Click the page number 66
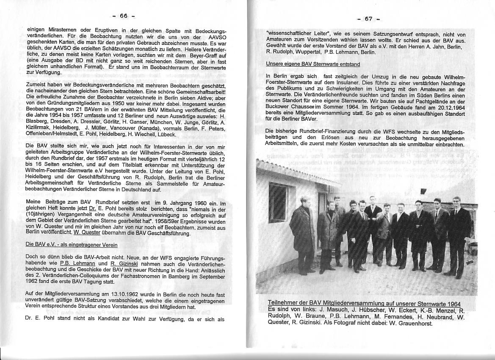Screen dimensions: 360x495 click(x=123, y=16)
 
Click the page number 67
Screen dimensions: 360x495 click(x=368, y=19)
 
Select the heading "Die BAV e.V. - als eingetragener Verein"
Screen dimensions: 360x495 click(x=72, y=245)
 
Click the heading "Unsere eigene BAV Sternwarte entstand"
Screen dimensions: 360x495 click(x=313, y=64)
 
